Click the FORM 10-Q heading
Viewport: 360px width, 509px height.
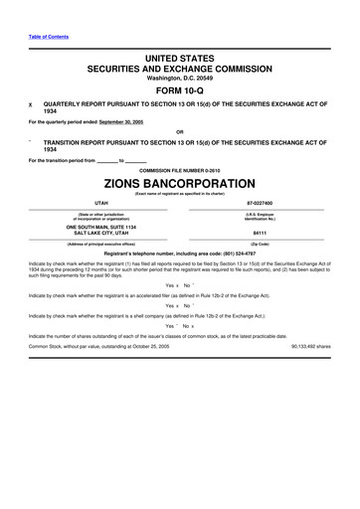180,87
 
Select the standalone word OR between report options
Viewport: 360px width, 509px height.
179,132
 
